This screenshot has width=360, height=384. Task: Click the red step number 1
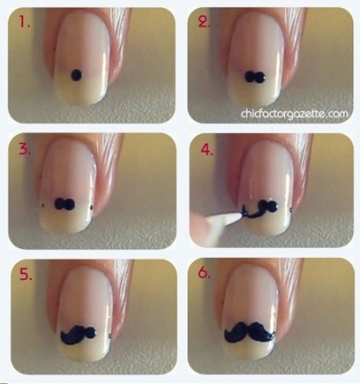coord(24,21)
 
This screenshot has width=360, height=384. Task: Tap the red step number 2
coord(204,21)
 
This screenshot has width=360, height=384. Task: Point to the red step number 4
coord(207,149)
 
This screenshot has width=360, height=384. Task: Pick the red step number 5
coord(26,274)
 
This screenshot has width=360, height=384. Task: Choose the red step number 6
coord(204,272)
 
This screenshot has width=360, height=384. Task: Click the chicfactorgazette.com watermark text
coord(294,113)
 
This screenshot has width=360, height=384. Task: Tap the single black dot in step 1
coord(76,75)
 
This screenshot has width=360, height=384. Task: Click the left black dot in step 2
coord(250,77)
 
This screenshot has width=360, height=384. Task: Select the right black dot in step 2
coord(260,77)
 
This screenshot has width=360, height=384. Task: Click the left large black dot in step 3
coord(60,204)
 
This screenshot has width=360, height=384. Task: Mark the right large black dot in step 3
coord(70,204)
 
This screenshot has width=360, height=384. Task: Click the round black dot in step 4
coord(272,207)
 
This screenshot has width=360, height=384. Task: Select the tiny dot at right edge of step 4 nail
coord(291,210)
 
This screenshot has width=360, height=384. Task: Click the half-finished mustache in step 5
coord(78,334)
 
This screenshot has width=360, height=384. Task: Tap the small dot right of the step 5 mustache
coord(110,337)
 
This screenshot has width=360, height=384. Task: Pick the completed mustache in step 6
coord(250,332)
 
